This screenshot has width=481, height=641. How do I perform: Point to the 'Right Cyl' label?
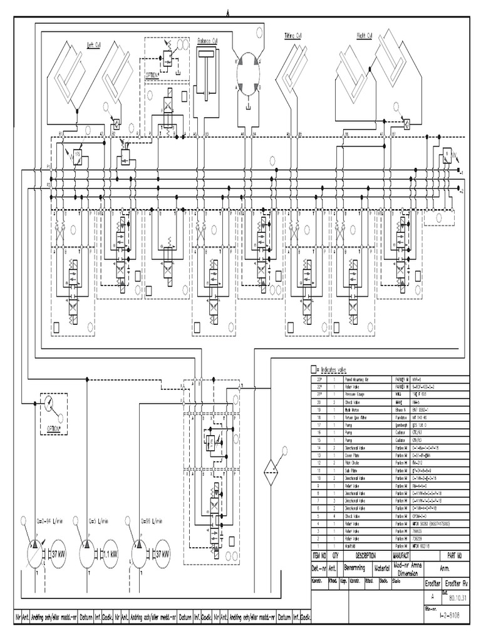pyautogui.click(x=365, y=36)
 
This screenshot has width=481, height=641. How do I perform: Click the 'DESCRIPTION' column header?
pyautogui.click(x=365, y=555)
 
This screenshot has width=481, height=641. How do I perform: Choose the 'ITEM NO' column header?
pyautogui.click(x=320, y=555)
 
